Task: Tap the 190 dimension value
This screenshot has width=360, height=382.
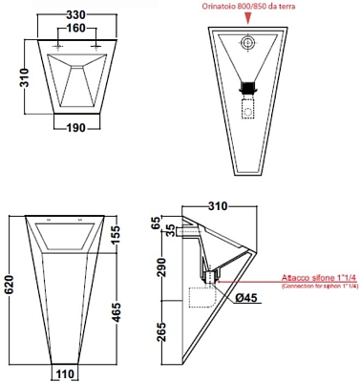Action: click(x=72, y=129)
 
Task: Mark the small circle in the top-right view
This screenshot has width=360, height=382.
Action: click(x=251, y=43)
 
